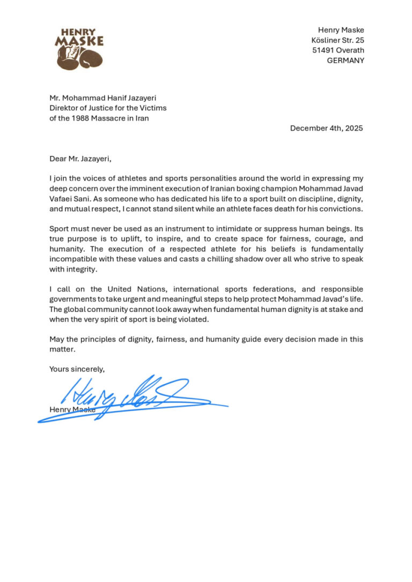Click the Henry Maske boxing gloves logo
click(x=79, y=50)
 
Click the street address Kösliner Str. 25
click(x=337, y=40)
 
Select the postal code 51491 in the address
click(x=323, y=50)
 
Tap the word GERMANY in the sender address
click(x=345, y=61)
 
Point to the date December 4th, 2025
click(x=327, y=128)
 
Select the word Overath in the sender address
click(x=350, y=50)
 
